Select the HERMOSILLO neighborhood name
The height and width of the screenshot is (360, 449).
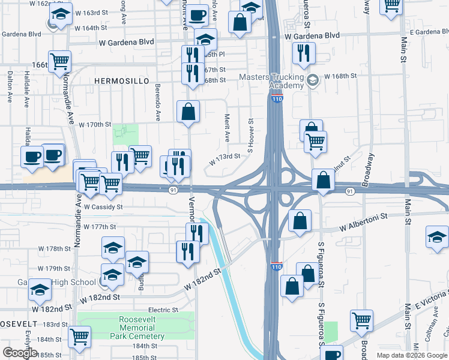(118, 80)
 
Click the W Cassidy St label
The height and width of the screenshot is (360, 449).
(103, 206)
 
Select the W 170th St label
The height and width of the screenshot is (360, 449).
(95, 125)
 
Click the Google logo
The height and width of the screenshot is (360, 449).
(19, 353)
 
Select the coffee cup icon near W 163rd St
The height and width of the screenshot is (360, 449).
(197, 15)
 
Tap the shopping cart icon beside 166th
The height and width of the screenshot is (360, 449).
(60, 61)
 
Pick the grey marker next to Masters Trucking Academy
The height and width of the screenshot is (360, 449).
(312, 80)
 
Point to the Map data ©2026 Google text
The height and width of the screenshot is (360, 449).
(411, 355)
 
